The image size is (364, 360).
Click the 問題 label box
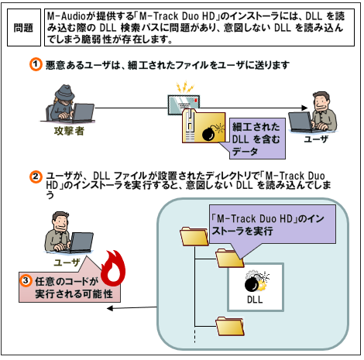pos(24,28)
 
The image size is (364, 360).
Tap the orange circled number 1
pos(36,64)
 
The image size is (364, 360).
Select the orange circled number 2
pos(36,177)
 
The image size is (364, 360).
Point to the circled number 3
pos(26,280)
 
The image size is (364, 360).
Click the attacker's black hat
pos(64,91)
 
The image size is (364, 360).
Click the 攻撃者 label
pos(69,131)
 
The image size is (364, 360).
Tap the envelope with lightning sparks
pos(183,101)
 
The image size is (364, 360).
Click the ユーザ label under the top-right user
pos(315,139)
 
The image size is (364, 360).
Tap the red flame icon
pos(113,268)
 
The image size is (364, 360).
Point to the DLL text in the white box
pos(255,300)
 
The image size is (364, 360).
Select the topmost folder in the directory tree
pos(194,236)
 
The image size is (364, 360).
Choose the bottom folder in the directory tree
pos(230,326)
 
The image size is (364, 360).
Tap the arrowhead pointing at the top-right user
pos(304,108)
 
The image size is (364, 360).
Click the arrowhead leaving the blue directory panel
pos(110,308)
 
